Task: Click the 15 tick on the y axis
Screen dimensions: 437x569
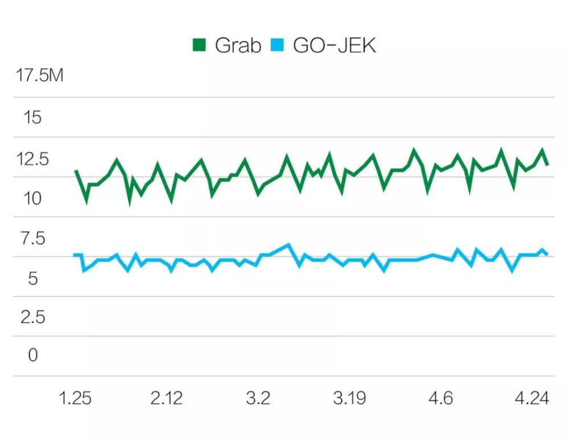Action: click(x=31, y=118)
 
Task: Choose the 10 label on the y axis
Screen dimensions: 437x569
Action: click(x=31, y=199)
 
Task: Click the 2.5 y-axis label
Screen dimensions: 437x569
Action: click(x=32, y=317)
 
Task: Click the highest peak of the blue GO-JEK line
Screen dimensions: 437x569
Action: click(x=288, y=245)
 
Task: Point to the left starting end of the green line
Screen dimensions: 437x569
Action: click(x=76, y=170)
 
